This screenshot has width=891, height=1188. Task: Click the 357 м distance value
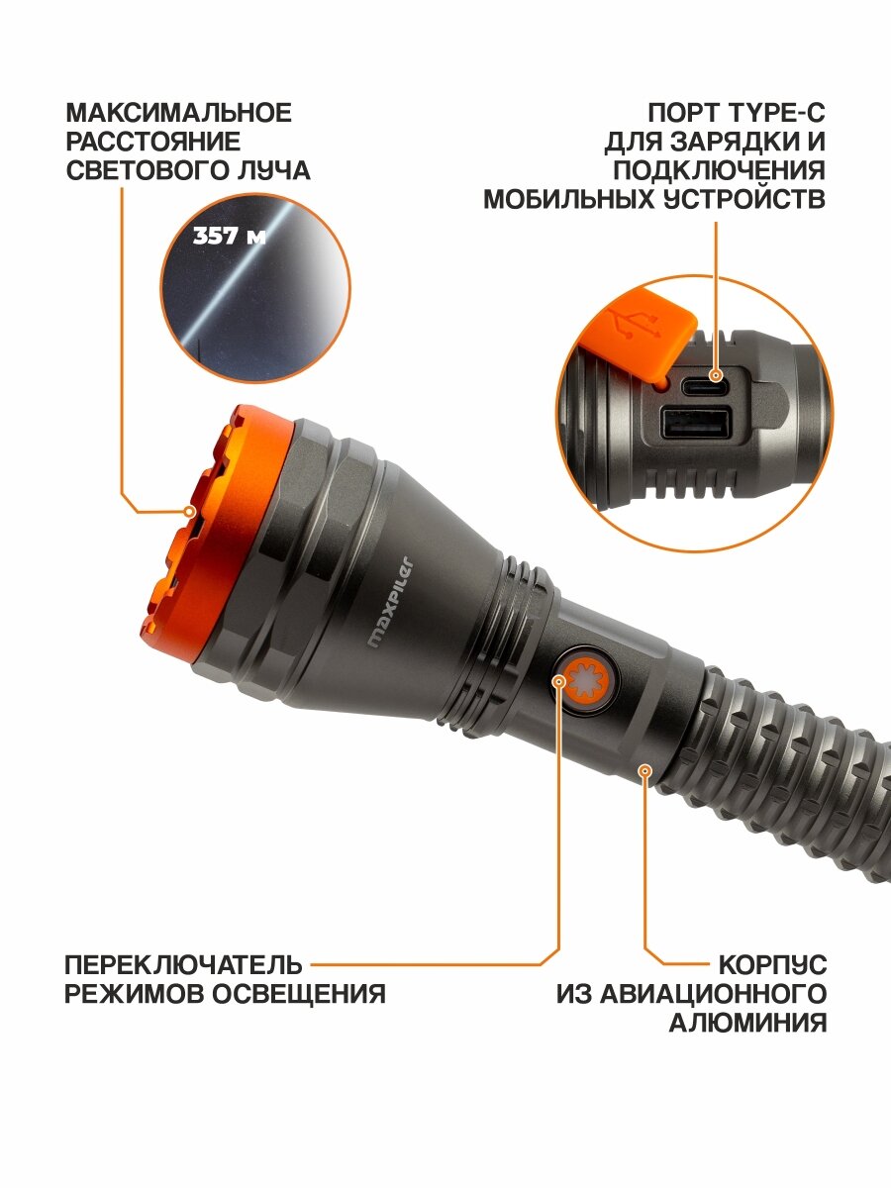[x=229, y=238]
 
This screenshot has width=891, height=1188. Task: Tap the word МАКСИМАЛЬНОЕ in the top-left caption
[x=179, y=113]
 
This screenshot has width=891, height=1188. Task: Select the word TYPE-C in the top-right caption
[x=774, y=113]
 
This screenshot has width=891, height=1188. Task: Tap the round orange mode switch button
[x=584, y=679]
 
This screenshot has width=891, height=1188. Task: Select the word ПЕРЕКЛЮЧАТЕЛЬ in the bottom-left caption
[x=183, y=964]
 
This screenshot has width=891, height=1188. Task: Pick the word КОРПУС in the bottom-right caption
[x=772, y=964]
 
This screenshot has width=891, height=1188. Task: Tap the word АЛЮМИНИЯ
[x=747, y=1024]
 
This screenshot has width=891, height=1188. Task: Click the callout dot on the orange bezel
[x=190, y=512]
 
